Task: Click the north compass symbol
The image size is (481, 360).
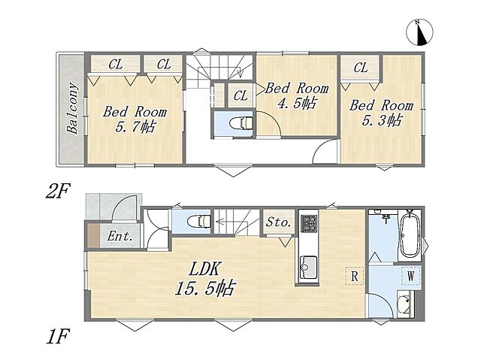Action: [x=419, y=32]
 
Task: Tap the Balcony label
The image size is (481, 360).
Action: [x=72, y=108]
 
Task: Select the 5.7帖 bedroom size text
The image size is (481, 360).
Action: [x=135, y=126]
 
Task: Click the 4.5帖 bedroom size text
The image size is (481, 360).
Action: [x=296, y=103]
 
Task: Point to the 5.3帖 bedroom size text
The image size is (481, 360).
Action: [x=381, y=120]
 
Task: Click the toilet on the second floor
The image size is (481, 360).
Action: [x=241, y=123]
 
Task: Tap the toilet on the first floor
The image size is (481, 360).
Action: [x=199, y=222]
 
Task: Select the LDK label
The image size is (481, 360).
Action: [x=204, y=269]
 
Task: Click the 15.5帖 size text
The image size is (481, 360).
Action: [x=204, y=288]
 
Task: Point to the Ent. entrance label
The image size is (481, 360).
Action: [x=120, y=236]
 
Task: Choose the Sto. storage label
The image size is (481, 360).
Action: [x=278, y=222]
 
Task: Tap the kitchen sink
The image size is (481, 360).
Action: [x=308, y=268]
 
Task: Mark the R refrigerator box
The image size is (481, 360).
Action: [x=354, y=276]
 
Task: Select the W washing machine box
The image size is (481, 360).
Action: [x=411, y=276]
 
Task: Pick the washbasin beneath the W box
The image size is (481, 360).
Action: [x=405, y=304]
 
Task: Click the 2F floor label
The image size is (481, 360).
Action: [x=58, y=191]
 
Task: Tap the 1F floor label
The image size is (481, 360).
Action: [x=58, y=336]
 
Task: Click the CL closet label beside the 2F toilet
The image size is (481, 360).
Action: [x=240, y=95]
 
